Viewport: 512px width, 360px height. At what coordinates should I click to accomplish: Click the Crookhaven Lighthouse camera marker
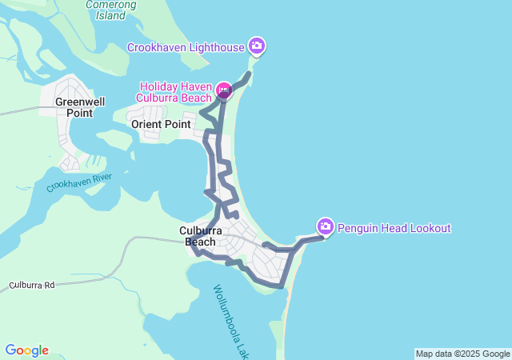[x=257, y=46]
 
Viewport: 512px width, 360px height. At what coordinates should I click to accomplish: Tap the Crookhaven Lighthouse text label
[x=186, y=47]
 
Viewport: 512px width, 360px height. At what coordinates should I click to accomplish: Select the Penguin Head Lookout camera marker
[x=325, y=227]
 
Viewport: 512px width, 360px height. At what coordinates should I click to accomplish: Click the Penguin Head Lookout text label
[x=394, y=228]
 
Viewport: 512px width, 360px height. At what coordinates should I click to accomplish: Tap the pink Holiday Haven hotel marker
[x=223, y=90]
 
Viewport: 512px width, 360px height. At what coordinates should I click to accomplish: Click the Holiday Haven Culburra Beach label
[x=176, y=92]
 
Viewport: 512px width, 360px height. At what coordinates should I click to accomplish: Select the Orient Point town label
[x=161, y=124]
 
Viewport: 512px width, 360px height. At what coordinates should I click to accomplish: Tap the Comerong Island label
[x=111, y=10]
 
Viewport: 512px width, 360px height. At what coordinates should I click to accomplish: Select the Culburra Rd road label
[x=32, y=285]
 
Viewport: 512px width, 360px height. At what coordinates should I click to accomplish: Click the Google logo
[x=26, y=350]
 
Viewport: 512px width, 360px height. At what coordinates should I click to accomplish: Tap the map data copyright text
[x=462, y=354]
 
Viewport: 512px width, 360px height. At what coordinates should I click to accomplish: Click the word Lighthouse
[x=217, y=47]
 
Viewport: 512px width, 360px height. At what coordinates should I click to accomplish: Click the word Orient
[x=146, y=124]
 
